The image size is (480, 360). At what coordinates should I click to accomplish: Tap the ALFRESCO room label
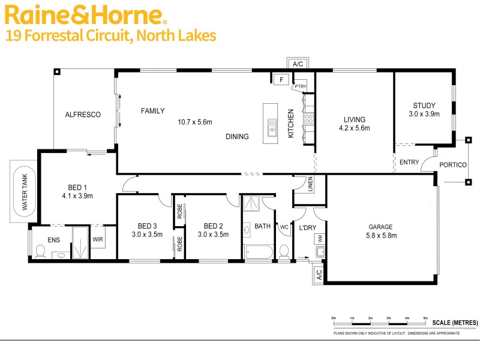83,115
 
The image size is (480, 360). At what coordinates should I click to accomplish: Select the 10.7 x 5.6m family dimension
195,122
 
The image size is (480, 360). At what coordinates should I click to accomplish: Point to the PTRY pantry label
300,86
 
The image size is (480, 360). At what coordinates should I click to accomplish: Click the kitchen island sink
271,126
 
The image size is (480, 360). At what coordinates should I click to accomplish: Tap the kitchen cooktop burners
309,119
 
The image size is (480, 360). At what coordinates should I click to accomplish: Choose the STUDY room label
424,106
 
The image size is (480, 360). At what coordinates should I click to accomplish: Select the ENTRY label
409,162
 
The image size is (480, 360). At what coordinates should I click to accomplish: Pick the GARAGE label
380,227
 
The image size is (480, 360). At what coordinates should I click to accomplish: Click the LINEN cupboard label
310,185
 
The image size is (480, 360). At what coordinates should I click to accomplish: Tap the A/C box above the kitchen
297,64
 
